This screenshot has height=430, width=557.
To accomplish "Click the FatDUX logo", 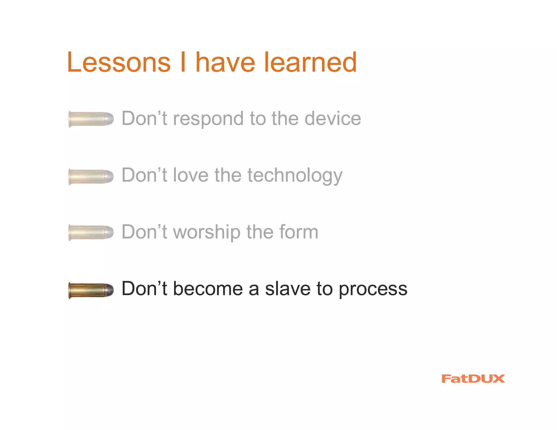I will click(473, 379).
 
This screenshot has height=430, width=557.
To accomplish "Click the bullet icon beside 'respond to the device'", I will click(91, 119).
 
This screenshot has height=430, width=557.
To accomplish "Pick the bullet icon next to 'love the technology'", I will click(91, 177).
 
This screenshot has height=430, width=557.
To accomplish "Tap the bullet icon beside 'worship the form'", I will click(91, 232).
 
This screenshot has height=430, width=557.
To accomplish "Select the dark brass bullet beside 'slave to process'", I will click(91, 290).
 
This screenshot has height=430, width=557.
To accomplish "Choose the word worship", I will click(207, 233).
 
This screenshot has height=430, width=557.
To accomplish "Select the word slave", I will click(287, 289).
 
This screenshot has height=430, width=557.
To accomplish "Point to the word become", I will click(208, 289).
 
